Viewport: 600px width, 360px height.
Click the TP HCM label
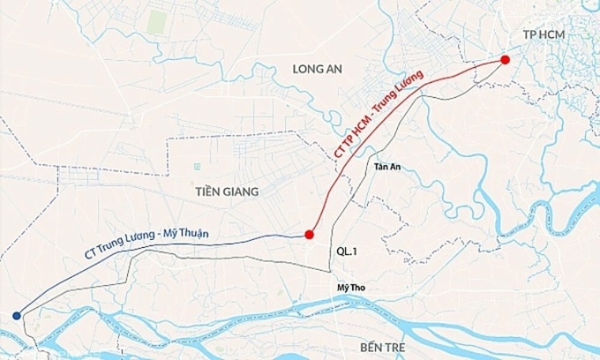tap(543, 34)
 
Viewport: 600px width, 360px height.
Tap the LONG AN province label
tap(319, 68)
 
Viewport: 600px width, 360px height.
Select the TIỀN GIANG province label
tap(228, 191)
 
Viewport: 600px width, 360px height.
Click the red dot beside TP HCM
tap(505, 60)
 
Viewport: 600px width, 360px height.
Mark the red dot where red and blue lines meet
tap(309, 235)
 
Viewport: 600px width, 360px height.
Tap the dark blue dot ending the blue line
tap(17, 315)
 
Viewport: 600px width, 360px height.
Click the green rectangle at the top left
tap(156, 23)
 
